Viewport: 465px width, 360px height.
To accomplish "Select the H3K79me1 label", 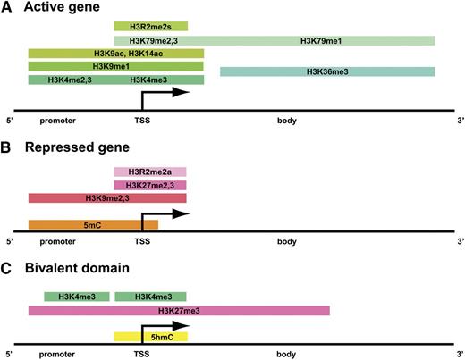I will coord(317,41).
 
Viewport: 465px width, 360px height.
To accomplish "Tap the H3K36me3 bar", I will coord(326,71).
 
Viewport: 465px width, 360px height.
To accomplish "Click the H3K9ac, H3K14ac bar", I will coord(115,54).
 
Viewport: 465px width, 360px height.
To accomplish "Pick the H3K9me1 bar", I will coord(115,66).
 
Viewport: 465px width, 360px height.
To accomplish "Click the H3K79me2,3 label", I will coord(150,41).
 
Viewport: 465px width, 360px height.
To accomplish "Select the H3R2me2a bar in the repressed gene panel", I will coord(150,172).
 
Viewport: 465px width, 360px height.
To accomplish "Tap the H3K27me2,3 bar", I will coord(150,185).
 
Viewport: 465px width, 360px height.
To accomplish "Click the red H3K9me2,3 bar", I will coord(106,197).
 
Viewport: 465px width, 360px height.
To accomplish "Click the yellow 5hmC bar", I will coord(150,337).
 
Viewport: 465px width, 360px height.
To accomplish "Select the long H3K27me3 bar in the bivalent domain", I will coord(179,310).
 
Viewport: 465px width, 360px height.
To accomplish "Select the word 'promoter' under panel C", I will coord(58,354).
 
